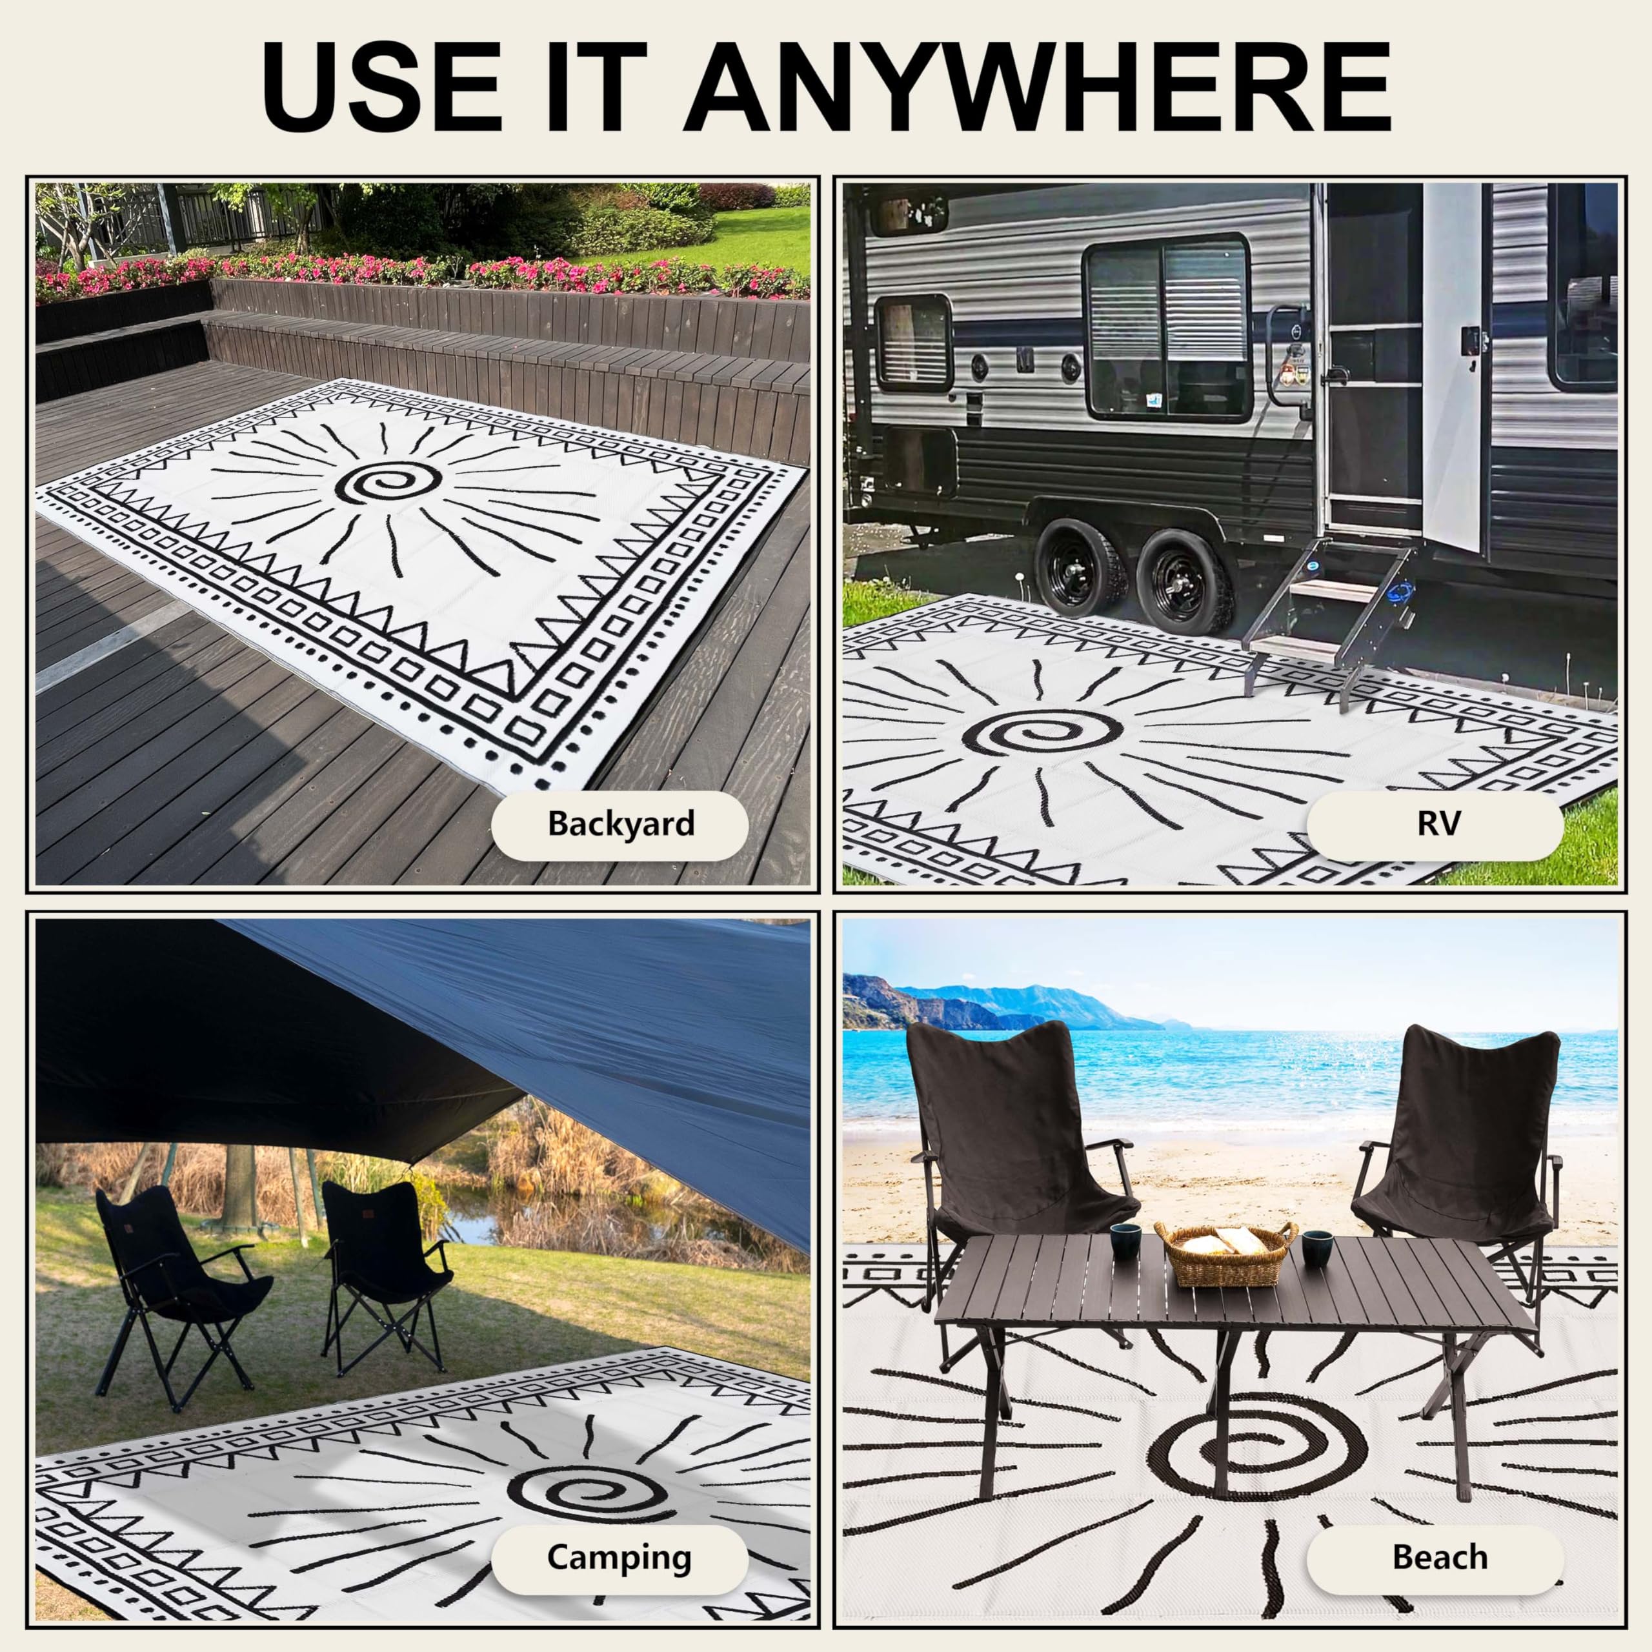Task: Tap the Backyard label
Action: (x=620, y=824)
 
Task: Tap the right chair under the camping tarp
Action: (x=385, y=1265)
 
